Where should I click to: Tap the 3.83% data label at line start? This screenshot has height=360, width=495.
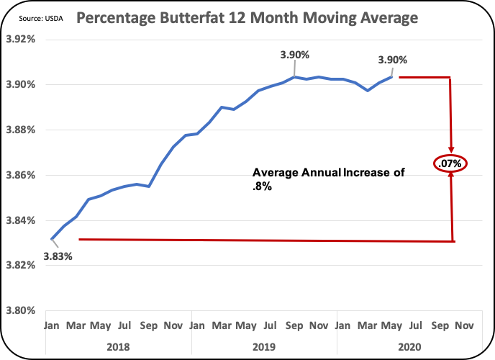(57, 255)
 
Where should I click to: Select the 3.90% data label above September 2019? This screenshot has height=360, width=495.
(295, 55)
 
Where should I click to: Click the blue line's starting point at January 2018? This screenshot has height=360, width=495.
(51, 238)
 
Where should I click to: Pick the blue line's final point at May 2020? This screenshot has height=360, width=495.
(392, 76)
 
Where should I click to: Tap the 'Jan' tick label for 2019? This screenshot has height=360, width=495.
(197, 325)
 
